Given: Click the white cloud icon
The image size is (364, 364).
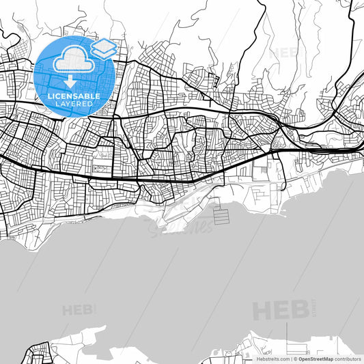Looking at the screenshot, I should click(71, 61).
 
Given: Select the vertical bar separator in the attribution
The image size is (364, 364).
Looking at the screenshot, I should click(292, 359).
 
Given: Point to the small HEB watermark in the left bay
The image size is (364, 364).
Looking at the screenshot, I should click(76, 310).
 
